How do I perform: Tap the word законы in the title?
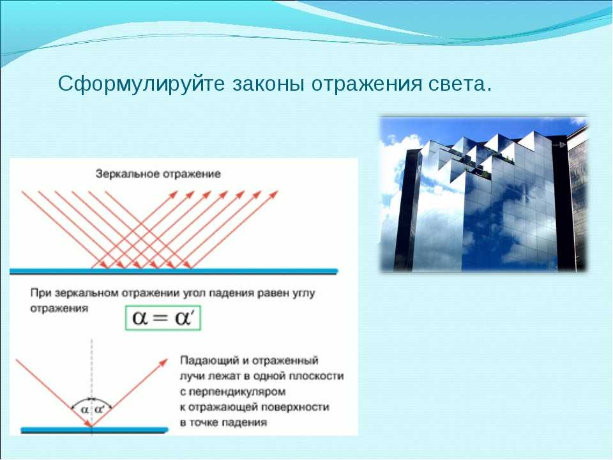tap(269, 83)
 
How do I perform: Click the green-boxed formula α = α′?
tap(163, 318)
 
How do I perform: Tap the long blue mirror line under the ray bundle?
tap(174, 271)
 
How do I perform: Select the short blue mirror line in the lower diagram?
tap(95, 430)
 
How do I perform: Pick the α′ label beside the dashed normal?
tap(100, 410)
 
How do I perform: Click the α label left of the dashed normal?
tap(84, 410)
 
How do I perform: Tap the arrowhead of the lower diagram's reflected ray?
tap(163, 362)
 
